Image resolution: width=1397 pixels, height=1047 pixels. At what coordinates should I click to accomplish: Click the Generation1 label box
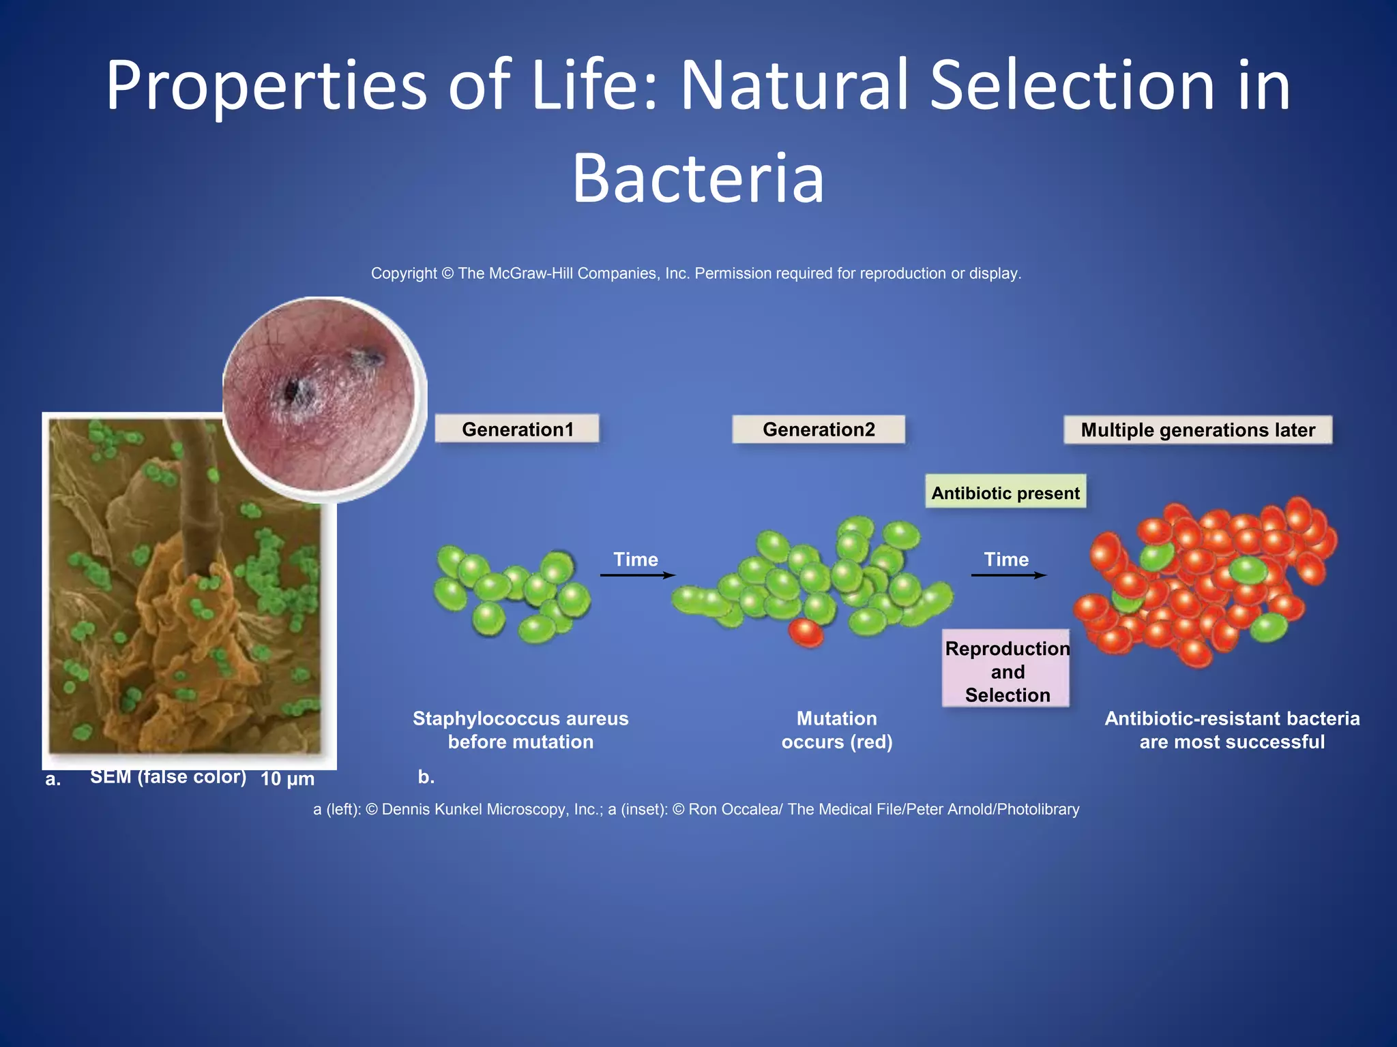pyautogui.click(x=517, y=429)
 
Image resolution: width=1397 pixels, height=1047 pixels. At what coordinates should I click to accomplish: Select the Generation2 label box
pyautogui.click(x=819, y=429)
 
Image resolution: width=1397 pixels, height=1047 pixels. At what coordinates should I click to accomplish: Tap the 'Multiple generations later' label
pyautogui.click(x=1197, y=430)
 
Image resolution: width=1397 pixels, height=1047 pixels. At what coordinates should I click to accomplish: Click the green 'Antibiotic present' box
pyautogui.click(x=1005, y=492)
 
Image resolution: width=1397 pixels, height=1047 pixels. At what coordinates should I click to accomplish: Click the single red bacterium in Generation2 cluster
pyautogui.click(x=806, y=632)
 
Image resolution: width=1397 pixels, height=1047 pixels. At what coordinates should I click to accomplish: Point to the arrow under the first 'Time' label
pyautogui.click(x=637, y=575)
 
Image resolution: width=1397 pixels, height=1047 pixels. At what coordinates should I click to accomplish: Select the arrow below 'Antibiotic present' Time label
pyautogui.click(x=1008, y=575)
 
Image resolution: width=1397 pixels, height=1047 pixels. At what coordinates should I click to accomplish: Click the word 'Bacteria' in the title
pyautogui.click(x=698, y=179)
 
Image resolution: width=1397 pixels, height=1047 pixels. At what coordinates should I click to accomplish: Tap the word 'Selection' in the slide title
pyautogui.click(x=1072, y=86)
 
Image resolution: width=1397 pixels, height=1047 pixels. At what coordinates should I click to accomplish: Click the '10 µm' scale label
pyautogui.click(x=287, y=778)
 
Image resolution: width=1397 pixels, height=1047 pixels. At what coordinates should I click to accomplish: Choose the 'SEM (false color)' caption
pyautogui.click(x=168, y=776)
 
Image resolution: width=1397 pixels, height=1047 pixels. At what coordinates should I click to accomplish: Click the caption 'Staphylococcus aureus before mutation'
pyautogui.click(x=520, y=730)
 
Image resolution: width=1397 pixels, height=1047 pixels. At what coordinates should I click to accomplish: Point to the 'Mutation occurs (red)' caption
pyautogui.click(x=837, y=730)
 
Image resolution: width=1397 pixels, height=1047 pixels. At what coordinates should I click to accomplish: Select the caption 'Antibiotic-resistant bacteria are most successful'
pyautogui.click(x=1232, y=730)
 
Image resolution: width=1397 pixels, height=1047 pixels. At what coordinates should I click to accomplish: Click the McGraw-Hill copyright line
pyautogui.click(x=696, y=273)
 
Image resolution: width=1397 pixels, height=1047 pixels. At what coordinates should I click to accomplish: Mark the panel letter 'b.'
pyautogui.click(x=426, y=777)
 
